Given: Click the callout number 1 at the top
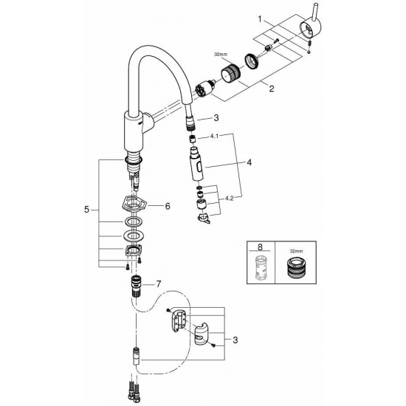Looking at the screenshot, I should click(x=260, y=16).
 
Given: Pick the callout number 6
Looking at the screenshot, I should click(x=167, y=206).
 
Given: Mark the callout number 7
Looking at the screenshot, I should click(x=156, y=283).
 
